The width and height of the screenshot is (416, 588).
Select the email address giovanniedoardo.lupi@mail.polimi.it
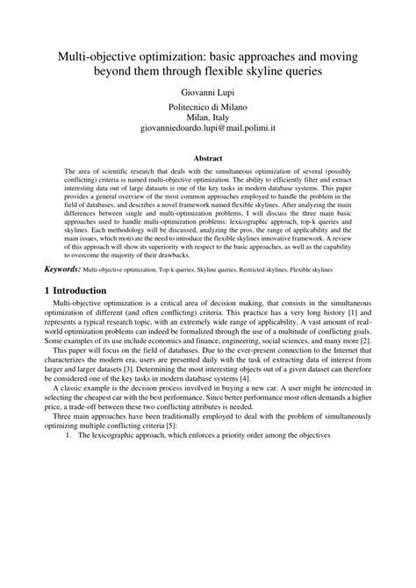coord(208,127)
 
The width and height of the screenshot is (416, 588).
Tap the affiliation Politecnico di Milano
coord(208,105)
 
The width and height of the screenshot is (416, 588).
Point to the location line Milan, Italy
coord(208,116)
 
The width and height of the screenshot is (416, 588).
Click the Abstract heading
coord(208,158)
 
